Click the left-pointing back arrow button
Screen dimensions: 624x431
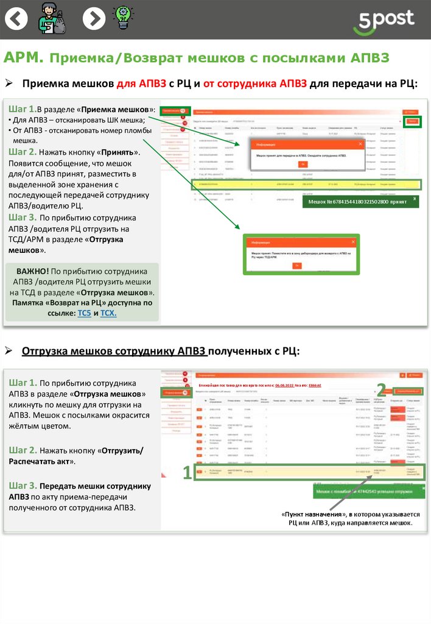click(x=16, y=19)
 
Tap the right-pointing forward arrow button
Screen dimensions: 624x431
click(x=93, y=19)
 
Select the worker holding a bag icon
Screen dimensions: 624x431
click(x=52, y=18)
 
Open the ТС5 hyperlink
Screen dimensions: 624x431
click(x=84, y=313)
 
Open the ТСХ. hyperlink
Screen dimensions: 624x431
click(x=108, y=313)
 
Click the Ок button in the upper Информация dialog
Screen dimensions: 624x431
click(x=303, y=165)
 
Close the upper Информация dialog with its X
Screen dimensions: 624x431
click(x=360, y=144)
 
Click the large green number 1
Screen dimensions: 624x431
click(x=187, y=472)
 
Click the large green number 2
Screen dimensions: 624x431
click(x=381, y=389)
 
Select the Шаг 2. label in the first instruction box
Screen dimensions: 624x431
click(x=23, y=152)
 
